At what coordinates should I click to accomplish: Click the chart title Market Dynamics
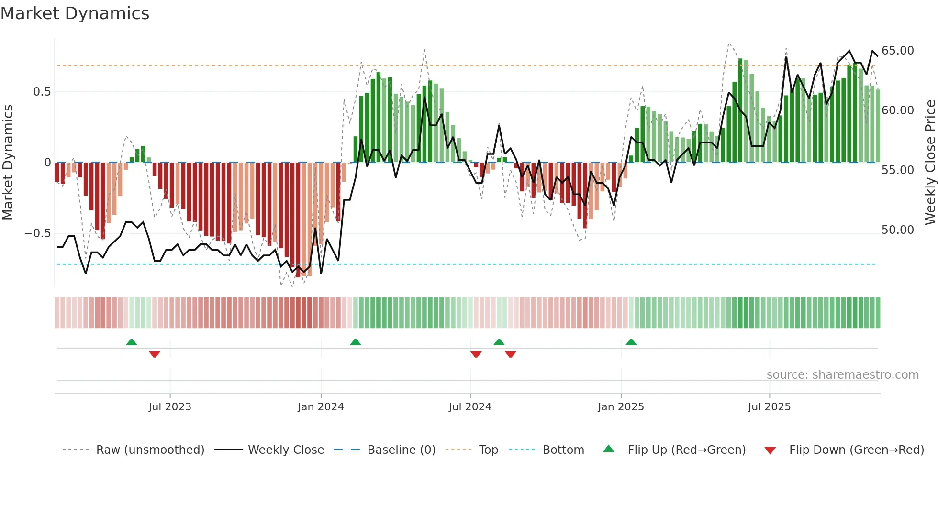(x=75, y=13)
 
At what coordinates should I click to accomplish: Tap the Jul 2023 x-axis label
(x=169, y=407)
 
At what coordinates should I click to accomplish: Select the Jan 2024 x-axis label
(x=321, y=407)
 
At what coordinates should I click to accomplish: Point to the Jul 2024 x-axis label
(x=470, y=407)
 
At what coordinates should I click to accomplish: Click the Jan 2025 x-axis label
(x=621, y=407)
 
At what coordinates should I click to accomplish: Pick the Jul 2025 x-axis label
(x=769, y=407)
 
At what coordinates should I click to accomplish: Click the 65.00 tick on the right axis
(x=897, y=51)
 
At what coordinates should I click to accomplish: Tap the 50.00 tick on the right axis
(x=897, y=230)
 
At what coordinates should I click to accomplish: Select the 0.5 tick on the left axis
(x=42, y=92)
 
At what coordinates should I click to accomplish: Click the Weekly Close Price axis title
(x=930, y=162)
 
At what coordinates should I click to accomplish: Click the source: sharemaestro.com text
(x=842, y=375)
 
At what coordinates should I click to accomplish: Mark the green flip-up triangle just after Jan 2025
(x=631, y=342)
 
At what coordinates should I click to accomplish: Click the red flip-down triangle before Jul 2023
(x=154, y=354)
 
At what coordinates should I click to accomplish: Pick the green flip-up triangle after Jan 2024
(x=355, y=342)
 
